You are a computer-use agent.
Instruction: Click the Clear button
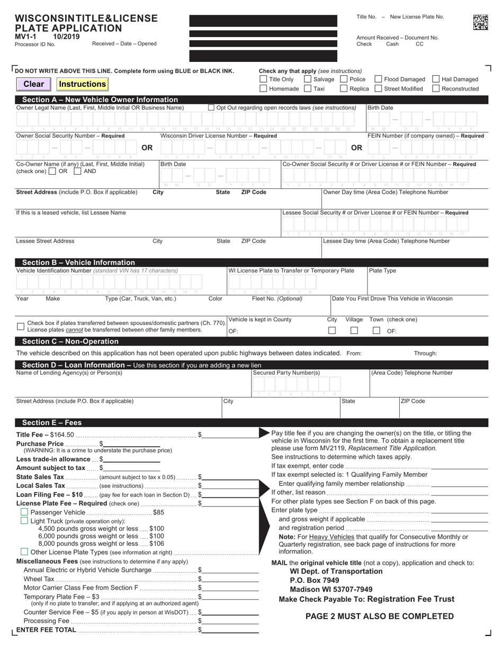tap(34, 84)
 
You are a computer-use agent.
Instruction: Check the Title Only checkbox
tap(263, 79)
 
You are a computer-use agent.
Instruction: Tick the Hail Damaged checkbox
tap(436, 79)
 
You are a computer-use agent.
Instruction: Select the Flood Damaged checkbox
tap(379, 79)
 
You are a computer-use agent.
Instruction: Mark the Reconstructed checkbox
tap(436, 89)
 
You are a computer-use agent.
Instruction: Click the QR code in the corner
tap(480, 22)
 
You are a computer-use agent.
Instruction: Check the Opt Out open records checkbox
tap(211, 108)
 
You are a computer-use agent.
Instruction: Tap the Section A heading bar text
tap(100, 100)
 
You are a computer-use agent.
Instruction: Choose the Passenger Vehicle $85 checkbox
tap(24, 512)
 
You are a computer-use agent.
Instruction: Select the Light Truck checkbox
tap(24, 521)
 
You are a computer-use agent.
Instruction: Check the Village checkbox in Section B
tap(354, 331)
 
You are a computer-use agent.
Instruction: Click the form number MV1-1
tap(25, 37)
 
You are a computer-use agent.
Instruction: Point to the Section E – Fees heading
tap(52, 422)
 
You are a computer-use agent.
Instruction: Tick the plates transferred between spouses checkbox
tap(21, 327)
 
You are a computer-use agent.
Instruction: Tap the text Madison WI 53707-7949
tap(331, 589)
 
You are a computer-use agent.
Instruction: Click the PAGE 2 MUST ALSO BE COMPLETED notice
tap(380, 616)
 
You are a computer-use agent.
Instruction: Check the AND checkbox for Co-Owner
tap(77, 171)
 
